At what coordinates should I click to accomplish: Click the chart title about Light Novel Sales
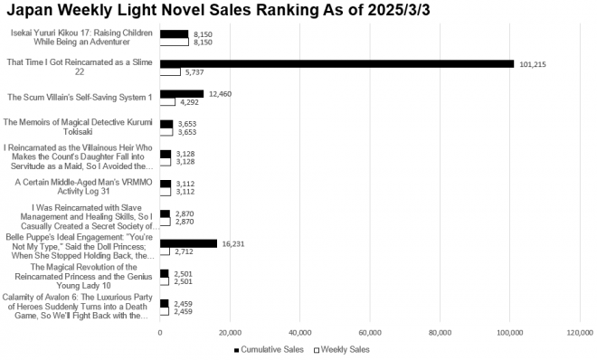point(298,12)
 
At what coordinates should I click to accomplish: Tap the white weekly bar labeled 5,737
point(170,71)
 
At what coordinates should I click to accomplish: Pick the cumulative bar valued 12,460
point(182,93)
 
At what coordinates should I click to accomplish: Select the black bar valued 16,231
point(188,243)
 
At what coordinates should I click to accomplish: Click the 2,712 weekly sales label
point(185,251)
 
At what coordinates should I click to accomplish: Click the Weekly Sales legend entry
point(341,349)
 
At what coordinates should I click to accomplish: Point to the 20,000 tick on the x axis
point(230,333)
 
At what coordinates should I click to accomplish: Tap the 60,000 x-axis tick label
point(370,333)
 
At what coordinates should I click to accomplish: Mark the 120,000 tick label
point(579,333)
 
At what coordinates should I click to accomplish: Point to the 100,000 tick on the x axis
point(509,333)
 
